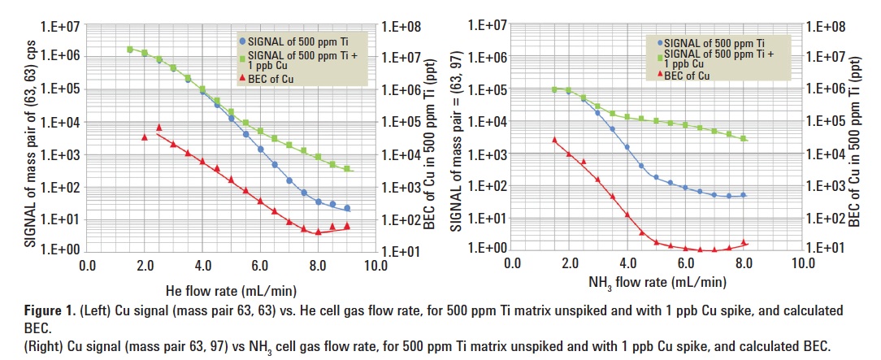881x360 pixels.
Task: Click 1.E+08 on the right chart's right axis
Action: [827, 27]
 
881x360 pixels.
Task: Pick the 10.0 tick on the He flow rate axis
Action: [375, 265]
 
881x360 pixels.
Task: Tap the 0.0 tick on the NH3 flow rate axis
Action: [511, 264]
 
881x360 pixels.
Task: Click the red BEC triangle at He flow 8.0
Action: [318, 232]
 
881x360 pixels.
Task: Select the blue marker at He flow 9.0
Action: [347, 209]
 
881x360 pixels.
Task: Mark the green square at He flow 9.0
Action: [347, 169]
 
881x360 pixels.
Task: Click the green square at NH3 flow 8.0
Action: [744, 139]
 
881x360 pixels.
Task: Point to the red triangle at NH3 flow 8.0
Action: [744, 242]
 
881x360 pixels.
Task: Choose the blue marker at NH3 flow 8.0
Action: [744, 195]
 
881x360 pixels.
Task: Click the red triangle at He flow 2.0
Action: [145, 137]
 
